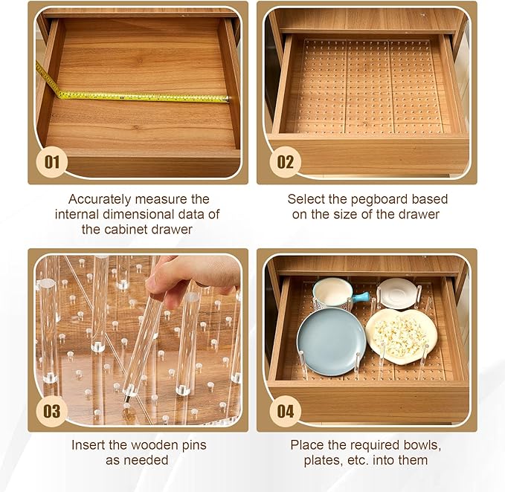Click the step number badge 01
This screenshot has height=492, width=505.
pos(51,162)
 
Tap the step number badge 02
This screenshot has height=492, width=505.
pos(286,162)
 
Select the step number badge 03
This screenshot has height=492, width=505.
pos(51,411)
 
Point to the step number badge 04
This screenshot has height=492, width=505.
pos(286,411)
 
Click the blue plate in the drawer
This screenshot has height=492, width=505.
pos(331,342)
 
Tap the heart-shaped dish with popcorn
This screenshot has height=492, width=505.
pos(402,336)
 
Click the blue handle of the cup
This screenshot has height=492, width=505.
pos(361,297)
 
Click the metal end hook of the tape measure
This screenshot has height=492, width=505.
pos(228,99)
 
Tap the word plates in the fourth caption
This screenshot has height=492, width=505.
pos(322,460)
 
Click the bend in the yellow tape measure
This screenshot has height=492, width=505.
pos(59,94)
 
